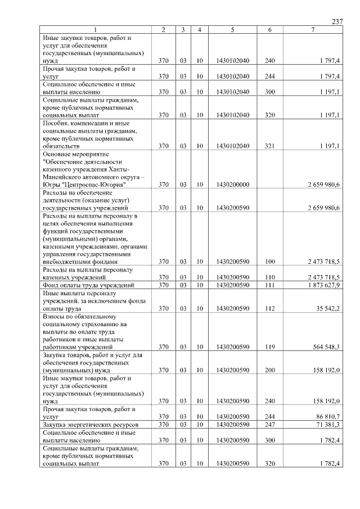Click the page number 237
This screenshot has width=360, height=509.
[337, 21]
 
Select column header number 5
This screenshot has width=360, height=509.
[232, 29]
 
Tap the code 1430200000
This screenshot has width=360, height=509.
[232, 184]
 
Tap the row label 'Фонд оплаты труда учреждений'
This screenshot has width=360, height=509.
[88, 285]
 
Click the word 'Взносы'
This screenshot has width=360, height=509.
[55, 317]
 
